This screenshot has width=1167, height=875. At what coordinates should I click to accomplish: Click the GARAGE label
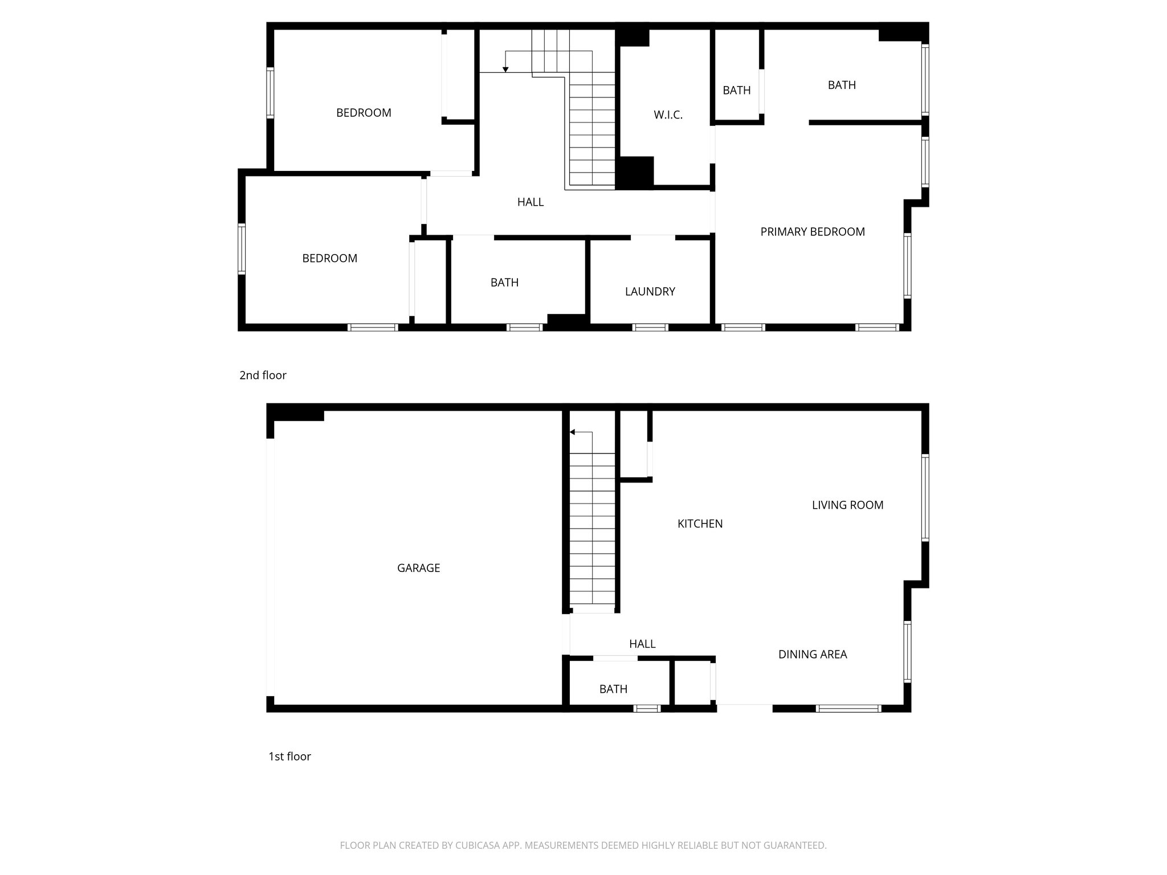418,568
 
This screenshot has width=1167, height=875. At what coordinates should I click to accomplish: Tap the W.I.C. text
668,115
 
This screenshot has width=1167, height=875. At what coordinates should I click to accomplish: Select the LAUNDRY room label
650,292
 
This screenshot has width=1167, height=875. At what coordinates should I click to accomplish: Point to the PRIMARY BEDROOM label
813,232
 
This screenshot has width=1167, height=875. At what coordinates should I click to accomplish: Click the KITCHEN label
700,524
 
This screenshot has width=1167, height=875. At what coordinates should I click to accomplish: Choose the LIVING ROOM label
847,505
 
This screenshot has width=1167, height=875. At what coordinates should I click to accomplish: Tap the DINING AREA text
813,655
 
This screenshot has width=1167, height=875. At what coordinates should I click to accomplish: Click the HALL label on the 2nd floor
530,202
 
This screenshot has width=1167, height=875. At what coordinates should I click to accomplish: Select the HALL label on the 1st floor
642,644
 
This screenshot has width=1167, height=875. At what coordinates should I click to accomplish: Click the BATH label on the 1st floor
613,689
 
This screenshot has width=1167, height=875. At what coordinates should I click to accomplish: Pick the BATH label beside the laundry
504,283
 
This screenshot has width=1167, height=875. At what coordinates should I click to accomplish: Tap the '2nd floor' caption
263,375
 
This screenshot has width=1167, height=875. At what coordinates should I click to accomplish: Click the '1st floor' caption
289,757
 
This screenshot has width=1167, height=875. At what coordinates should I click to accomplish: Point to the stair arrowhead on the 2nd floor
505,69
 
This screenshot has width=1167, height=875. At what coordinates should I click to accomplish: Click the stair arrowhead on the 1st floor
572,432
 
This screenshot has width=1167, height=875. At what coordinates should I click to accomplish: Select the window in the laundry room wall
650,328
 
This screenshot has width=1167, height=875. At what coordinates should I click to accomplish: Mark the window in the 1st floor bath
646,709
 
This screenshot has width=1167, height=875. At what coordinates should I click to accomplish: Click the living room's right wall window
925,497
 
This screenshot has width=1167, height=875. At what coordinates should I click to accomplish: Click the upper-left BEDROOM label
364,113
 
